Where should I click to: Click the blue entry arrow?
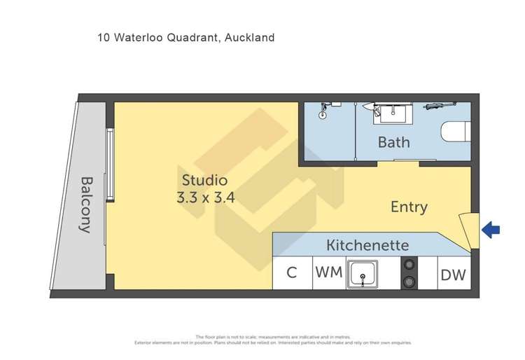point(492,229)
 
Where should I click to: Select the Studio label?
point(204,179)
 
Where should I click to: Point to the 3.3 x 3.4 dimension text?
point(205,198)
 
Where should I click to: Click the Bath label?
point(393,142)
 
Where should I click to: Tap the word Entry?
point(409,207)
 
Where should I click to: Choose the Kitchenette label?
point(367,246)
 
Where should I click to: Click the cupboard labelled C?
point(292,273)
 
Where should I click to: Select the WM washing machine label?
point(328,272)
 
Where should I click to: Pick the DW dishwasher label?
point(453,275)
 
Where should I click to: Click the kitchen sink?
point(363,273)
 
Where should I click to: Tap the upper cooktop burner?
point(409,265)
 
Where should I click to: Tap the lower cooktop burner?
point(409,282)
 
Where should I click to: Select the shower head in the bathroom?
point(324,109)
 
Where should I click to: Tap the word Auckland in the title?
point(248,38)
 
